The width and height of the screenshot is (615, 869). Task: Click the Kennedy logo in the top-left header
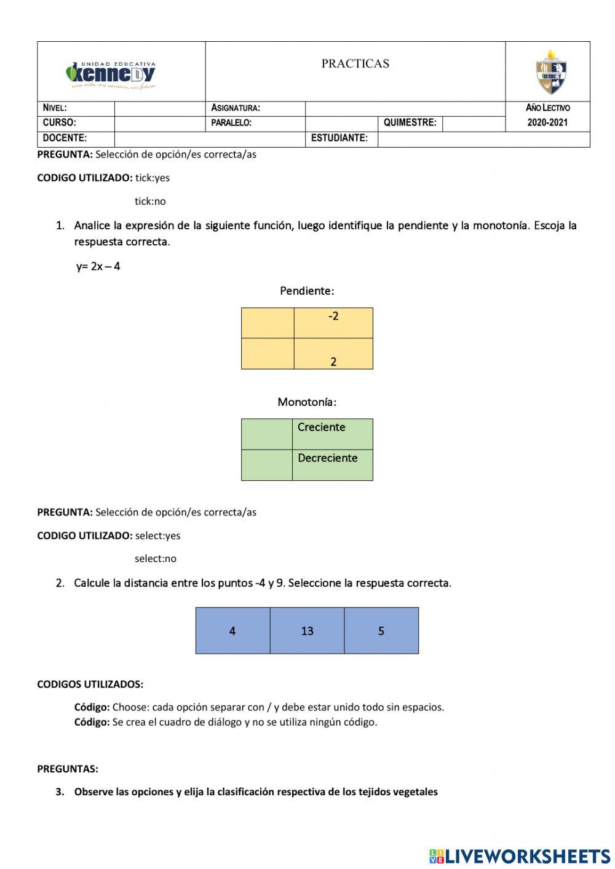click(x=111, y=74)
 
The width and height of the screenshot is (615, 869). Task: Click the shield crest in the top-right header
click(x=550, y=72)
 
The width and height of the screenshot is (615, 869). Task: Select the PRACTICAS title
click(x=355, y=63)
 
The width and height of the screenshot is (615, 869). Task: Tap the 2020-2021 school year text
click(x=547, y=122)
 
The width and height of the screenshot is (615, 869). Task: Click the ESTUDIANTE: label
click(x=339, y=138)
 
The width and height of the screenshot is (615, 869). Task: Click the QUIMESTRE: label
click(x=410, y=122)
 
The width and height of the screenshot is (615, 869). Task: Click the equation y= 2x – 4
click(x=98, y=267)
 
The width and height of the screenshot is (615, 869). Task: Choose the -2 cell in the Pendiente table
click(x=333, y=322)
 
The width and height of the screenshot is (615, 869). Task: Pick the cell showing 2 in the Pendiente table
click(x=333, y=354)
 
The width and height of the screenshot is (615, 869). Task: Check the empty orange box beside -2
click(x=268, y=323)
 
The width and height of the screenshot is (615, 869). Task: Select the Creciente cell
click(x=332, y=434)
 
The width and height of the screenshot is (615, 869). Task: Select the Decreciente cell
click(x=332, y=464)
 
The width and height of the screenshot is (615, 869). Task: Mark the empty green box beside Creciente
click(x=267, y=434)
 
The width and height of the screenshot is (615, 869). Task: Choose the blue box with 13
click(x=307, y=630)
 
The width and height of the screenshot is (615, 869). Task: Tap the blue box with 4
click(x=232, y=630)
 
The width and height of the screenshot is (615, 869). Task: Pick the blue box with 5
click(x=381, y=630)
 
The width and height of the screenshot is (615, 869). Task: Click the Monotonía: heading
click(x=307, y=402)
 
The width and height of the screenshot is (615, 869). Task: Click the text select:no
click(x=156, y=559)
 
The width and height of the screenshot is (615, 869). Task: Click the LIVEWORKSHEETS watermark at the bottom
click(x=519, y=855)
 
